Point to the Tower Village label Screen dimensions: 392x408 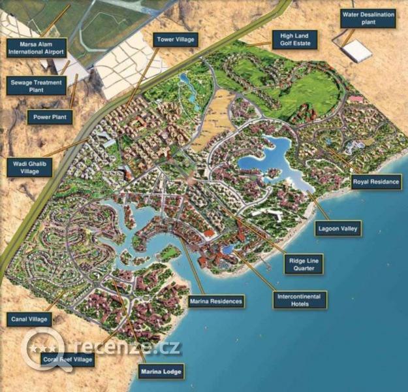(x=174, y=40)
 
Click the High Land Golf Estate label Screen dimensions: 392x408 (x=295, y=39)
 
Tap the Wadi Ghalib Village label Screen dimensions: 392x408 (x=30, y=167)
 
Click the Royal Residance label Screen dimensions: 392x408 (x=376, y=182)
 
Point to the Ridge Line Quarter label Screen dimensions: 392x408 (x=305, y=264)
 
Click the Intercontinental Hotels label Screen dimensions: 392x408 (x=299, y=300)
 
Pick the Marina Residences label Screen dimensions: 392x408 (x=216, y=301)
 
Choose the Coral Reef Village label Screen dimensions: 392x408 (x=68, y=359)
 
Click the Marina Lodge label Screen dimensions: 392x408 (x=161, y=372)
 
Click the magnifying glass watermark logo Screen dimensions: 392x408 (x=44, y=348)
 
